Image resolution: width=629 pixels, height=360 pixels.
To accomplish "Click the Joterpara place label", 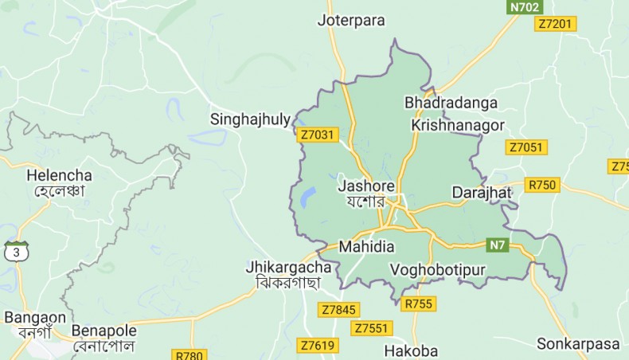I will point(351,20).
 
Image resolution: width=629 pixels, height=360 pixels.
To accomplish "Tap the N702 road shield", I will point(525,6).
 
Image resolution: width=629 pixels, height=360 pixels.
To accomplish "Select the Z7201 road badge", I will point(555,24).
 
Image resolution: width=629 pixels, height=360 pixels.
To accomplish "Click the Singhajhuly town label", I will point(250,119).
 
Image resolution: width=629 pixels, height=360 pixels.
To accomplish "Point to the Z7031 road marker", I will point(315,135).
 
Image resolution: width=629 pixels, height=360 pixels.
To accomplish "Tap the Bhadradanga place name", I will point(451,103).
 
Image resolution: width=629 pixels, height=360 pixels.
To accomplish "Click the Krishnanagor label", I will point(458,125).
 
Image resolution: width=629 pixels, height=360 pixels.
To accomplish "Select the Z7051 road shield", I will point(526,147).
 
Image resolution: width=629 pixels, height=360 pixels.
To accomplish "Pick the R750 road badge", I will point(542,185).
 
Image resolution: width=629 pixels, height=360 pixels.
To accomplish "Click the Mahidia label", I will point(366,247).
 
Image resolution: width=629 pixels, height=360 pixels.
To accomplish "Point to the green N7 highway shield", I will point(498,245).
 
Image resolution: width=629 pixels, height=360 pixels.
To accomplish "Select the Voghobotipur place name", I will point(437,270).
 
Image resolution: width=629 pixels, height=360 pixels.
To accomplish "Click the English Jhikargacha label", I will point(288,266).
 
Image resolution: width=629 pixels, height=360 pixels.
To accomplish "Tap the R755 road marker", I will point(419,303).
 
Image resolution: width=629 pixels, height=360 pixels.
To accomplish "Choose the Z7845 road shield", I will point(339,310).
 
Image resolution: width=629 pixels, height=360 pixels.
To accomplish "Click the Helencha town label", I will point(59,175).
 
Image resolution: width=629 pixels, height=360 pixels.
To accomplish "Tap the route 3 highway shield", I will point(15,252).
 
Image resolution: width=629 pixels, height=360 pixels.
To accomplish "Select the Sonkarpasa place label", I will point(578,344).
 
